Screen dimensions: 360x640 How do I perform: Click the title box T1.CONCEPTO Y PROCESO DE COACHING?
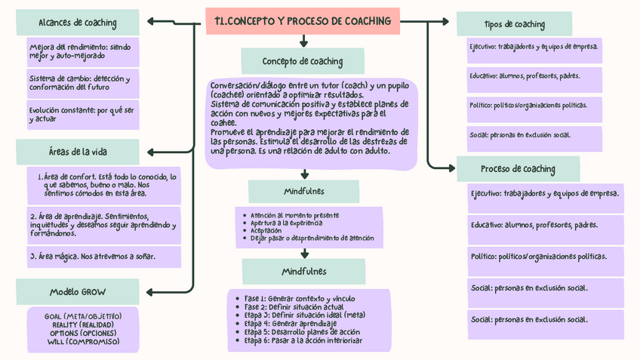[303, 21]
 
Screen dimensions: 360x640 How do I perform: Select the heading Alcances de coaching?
[78, 23]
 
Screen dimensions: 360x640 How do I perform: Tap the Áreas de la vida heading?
[78, 152]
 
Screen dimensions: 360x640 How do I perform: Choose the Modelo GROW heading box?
[78, 291]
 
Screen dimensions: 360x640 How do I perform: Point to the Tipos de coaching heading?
[515, 24]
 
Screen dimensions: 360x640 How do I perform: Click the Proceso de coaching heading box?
[518, 168]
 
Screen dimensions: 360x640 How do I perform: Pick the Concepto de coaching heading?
[302, 61]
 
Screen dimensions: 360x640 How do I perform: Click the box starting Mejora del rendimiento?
[83, 51]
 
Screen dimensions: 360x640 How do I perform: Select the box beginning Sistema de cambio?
[83, 83]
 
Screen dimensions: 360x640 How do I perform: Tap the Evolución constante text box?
[83, 115]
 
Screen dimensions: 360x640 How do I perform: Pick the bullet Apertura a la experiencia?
[287, 223]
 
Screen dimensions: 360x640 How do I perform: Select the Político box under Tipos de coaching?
[528, 106]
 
